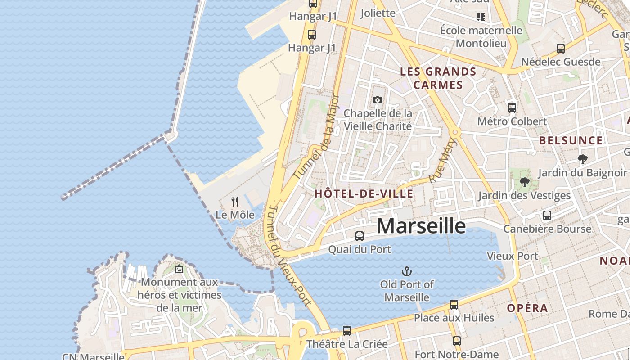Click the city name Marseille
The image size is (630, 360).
pyautogui.click(x=421, y=226)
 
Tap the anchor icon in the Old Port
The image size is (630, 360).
pyautogui.click(x=406, y=271)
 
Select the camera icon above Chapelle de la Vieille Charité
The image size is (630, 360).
pyautogui.click(x=378, y=100)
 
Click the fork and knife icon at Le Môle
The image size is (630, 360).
pyautogui.click(x=235, y=201)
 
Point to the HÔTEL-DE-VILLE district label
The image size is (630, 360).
pyautogui.click(x=364, y=194)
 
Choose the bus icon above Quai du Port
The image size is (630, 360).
pyautogui.click(x=359, y=236)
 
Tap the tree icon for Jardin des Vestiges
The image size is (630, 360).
pyautogui.click(x=524, y=182)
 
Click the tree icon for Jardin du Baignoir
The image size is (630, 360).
pyautogui.click(x=582, y=159)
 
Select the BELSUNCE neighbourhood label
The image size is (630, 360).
pyautogui.click(x=571, y=140)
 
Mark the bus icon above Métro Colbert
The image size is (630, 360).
pyautogui.click(x=512, y=108)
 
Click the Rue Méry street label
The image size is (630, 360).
pyautogui.click(x=443, y=161)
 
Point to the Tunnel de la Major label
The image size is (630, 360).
pyautogui.click(x=315, y=137)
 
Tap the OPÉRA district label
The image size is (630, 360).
pyautogui.click(x=527, y=308)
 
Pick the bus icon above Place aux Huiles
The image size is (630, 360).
pyautogui.click(x=454, y=305)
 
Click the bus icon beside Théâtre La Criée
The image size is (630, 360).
pyautogui.click(x=346, y=331)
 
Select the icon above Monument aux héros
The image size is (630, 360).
pyautogui.click(x=179, y=269)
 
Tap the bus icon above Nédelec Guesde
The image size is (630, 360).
pyautogui.click(x=560, y=49)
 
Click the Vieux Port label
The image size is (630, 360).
pyautogui.click(x=512, y=256)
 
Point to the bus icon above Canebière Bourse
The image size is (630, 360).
pyautogui.click(x=547, y=216)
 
